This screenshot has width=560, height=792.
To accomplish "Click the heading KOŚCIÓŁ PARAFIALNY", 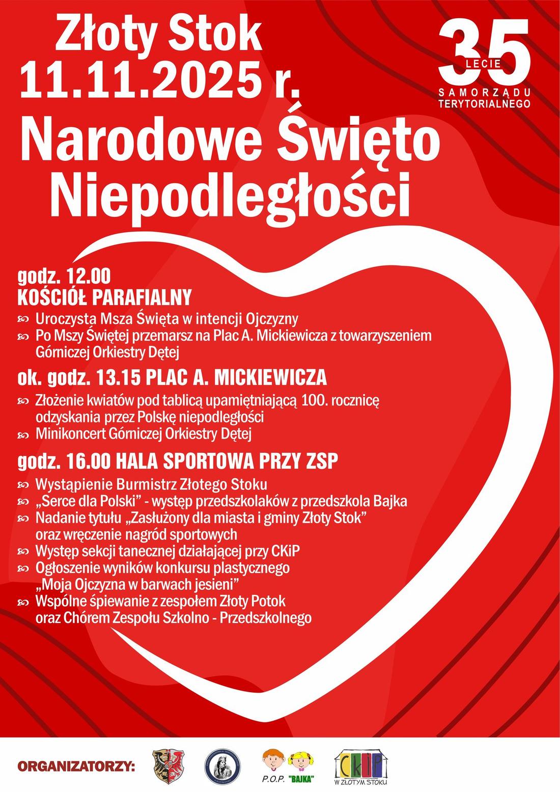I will pos(104,296).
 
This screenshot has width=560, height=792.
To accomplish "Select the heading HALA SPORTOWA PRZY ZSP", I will pos(227,461).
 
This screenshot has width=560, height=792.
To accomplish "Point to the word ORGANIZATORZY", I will pos(76,766).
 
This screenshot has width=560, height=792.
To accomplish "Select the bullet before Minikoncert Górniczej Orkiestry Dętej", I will pos(23,434).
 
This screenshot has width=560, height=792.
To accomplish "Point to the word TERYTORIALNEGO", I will pos(484,103).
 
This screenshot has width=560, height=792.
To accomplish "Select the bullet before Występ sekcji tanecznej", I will pos(23,552).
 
